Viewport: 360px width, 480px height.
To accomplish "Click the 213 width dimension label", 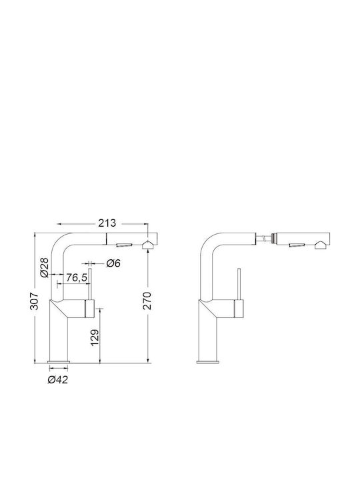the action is (107, 223).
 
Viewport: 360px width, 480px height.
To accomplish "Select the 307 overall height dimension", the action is (35, 301).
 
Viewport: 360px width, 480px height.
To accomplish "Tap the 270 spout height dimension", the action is (147, 301).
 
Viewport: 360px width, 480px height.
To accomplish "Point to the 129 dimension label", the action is (95, 338).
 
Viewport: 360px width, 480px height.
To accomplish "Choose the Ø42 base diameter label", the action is (58, 380).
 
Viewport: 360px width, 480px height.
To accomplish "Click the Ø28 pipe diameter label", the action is (45, 267).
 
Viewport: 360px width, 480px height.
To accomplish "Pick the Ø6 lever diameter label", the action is (113, 263).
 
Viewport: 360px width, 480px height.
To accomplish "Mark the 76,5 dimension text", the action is (77, 277).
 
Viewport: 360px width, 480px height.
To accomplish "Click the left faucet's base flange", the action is (59, 362).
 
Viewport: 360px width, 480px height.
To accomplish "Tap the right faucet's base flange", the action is (208, 362).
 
